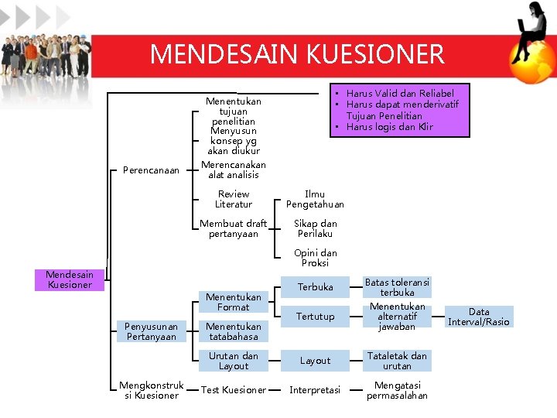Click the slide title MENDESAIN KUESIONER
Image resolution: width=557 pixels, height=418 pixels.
(x=297, y=54)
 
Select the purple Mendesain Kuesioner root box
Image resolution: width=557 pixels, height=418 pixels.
(x=69, y=279)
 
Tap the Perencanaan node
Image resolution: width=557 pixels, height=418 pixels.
(x=151, y=170)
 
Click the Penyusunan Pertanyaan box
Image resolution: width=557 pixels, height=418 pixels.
(x=151, y=331)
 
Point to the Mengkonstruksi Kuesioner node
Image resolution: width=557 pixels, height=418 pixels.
(x=151, y=390)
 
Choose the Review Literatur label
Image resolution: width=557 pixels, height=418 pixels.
(x=234, y=199)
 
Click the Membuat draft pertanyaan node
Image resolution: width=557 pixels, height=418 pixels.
(x=234, y=228)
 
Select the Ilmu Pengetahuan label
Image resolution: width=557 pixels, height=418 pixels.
(x=315, y=199)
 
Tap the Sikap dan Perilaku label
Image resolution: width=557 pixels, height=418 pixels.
(x=315, y=228)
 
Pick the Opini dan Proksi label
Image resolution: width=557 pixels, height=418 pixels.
(x=315, y=258)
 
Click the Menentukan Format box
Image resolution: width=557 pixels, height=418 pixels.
(x=234, y=302)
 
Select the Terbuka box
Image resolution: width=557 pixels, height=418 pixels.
(x=316, y=287)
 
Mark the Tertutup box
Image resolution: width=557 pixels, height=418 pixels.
(x=316, y=317)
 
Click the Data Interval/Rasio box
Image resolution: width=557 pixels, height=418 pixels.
(x=479, y=317)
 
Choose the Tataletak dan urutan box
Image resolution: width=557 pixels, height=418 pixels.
(x=397, y=361)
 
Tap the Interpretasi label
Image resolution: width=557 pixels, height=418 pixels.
(x=315, y=390)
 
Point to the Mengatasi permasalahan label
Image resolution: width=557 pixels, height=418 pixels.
(x=397, y=390)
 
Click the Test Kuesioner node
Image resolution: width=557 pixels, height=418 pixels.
(x=234, y=390)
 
